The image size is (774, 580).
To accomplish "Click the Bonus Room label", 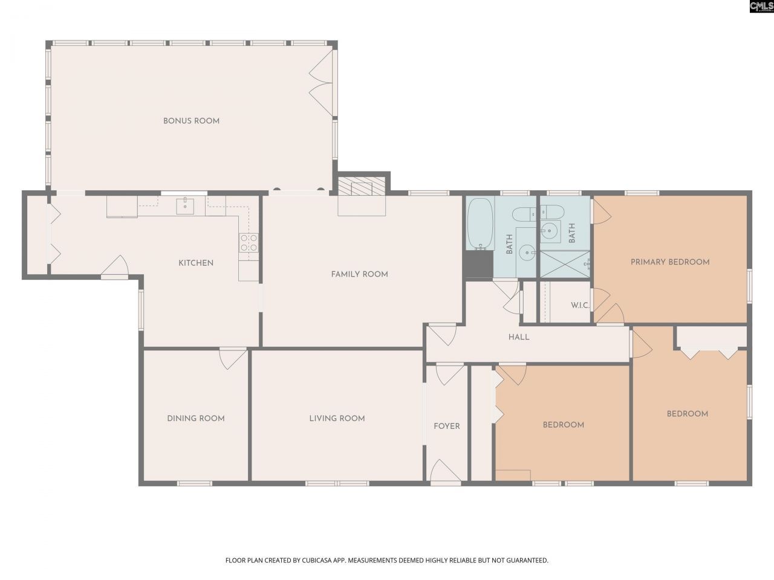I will (x=191, y=121).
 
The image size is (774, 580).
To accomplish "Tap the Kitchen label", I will (x=195, y=263).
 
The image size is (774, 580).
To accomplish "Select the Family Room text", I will (x=359, y=274).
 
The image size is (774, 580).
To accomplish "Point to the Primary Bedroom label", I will (x=670, y=262).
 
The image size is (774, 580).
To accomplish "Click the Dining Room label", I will (x=196, y=418).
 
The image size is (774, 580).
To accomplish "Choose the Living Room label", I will (x=337, y=418).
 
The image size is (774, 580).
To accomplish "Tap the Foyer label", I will (x=447, y=426).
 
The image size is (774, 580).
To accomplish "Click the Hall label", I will (x=519, y=337).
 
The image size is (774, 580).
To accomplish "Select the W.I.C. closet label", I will (x=580, y=306).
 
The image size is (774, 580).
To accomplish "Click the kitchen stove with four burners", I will (x=249, y=243).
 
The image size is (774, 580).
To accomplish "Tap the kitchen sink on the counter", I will (x=185, y=206).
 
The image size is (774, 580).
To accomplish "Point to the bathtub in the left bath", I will (x=481, y=224).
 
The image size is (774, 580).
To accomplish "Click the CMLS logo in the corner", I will (x=761, y=7).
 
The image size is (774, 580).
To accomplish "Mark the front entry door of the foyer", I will (x=446, y=472).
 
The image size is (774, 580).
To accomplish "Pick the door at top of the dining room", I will (x=233, y=358).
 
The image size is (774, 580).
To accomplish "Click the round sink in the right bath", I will (x=550, y=230).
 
